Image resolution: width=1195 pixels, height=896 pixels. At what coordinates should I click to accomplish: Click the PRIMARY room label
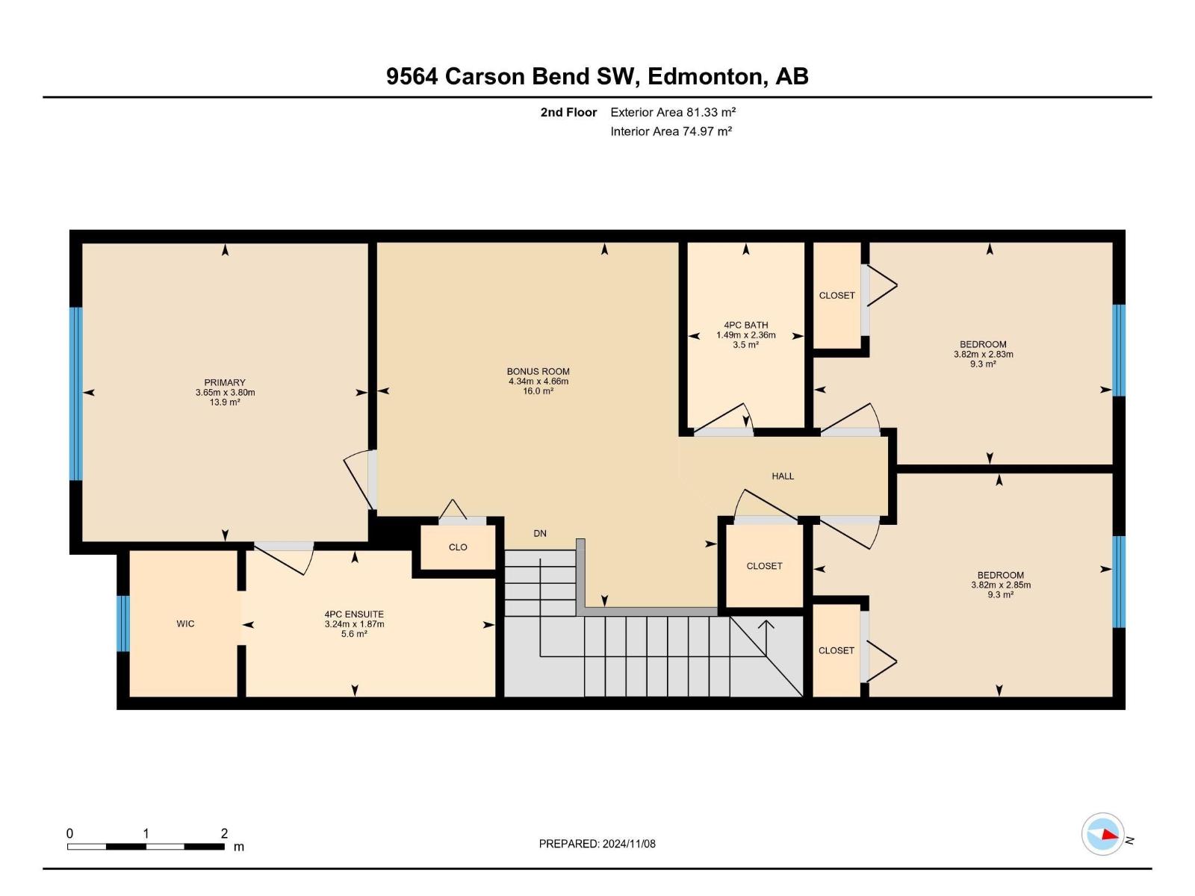coord(225,382)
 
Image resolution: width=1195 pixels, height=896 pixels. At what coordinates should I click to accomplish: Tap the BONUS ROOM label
coord(538,371)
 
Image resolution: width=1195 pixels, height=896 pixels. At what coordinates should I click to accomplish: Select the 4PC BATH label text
coord(745,325)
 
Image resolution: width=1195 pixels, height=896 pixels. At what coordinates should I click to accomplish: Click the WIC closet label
coord(185,623)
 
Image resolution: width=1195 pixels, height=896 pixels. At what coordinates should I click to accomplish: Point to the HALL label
coord(783,476)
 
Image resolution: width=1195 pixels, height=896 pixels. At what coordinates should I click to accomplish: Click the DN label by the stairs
coord(540,533)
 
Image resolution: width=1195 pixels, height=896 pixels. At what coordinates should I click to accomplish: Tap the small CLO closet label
coord(458,547)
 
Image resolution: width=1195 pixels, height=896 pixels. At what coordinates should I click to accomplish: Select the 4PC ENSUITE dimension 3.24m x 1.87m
coord(354,624)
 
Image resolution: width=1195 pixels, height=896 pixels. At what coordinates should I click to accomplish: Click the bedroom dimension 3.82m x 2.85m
coord(1001,585)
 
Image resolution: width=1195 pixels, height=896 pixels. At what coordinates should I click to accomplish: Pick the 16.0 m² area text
coord(538,391)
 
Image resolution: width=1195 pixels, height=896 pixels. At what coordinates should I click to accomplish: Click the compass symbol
coord(1103,834)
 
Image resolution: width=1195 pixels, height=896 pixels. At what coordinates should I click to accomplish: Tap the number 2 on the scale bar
coord(224,833)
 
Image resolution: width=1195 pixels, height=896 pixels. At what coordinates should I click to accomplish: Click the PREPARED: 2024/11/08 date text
coord(597,844)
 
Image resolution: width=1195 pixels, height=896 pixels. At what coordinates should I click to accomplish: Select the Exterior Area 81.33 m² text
coord(673,112)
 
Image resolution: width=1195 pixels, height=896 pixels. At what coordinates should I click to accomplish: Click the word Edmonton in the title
coord(707,76)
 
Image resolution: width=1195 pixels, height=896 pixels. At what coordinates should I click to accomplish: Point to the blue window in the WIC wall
coord(123,623)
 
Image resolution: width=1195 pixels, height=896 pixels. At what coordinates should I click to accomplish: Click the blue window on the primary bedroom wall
coord(75,393)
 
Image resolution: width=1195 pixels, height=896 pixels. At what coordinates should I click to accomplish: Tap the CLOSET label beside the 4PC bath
coord(836,295)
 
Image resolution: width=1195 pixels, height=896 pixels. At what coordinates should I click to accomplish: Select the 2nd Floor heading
coord(568,112)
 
